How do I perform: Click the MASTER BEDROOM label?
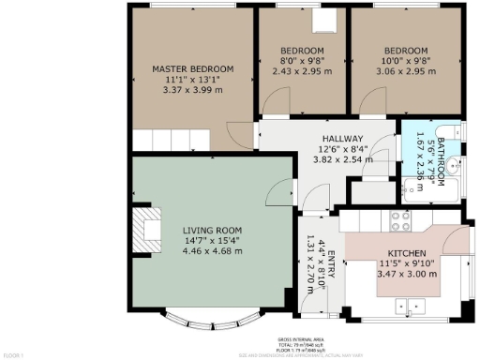pyautogui.click(x=193, y=68)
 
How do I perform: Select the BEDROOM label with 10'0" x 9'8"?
pyautogui.click(x=405, y=50)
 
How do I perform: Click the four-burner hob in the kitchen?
pyautogui.click(x=400, y=221)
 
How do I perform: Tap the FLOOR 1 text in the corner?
pyautogui.click(x=13, y=355)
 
